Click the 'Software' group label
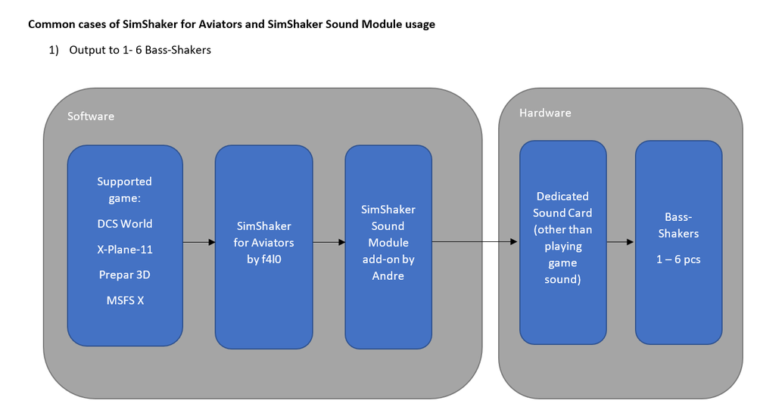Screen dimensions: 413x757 click(91, 116)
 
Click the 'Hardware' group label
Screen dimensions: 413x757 click(545, 113)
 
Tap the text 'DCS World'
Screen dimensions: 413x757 click(125, 224)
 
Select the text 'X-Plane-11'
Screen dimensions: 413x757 click(125, 250)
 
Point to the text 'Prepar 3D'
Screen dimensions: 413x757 click(125, 275)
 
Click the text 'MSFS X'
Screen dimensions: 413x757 click(125, 300)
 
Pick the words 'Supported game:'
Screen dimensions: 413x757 click(125, 189)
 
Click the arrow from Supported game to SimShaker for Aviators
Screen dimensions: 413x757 click(199, 242)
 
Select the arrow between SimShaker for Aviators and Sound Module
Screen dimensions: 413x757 click(329, 242)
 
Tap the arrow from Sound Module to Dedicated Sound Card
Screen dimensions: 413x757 click(475, 242)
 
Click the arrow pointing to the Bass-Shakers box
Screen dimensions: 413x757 click(621, 242)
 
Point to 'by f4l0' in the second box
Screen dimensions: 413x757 click(263, 259)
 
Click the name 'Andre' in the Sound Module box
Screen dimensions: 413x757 click(388, 276)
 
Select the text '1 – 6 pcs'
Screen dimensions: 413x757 click(678, 259)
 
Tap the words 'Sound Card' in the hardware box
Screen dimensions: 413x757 click(562, 213)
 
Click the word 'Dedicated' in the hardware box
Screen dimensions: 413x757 click(562, 196)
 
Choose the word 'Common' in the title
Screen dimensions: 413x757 click(51, 24)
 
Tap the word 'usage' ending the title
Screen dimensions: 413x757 click(418, 24)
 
